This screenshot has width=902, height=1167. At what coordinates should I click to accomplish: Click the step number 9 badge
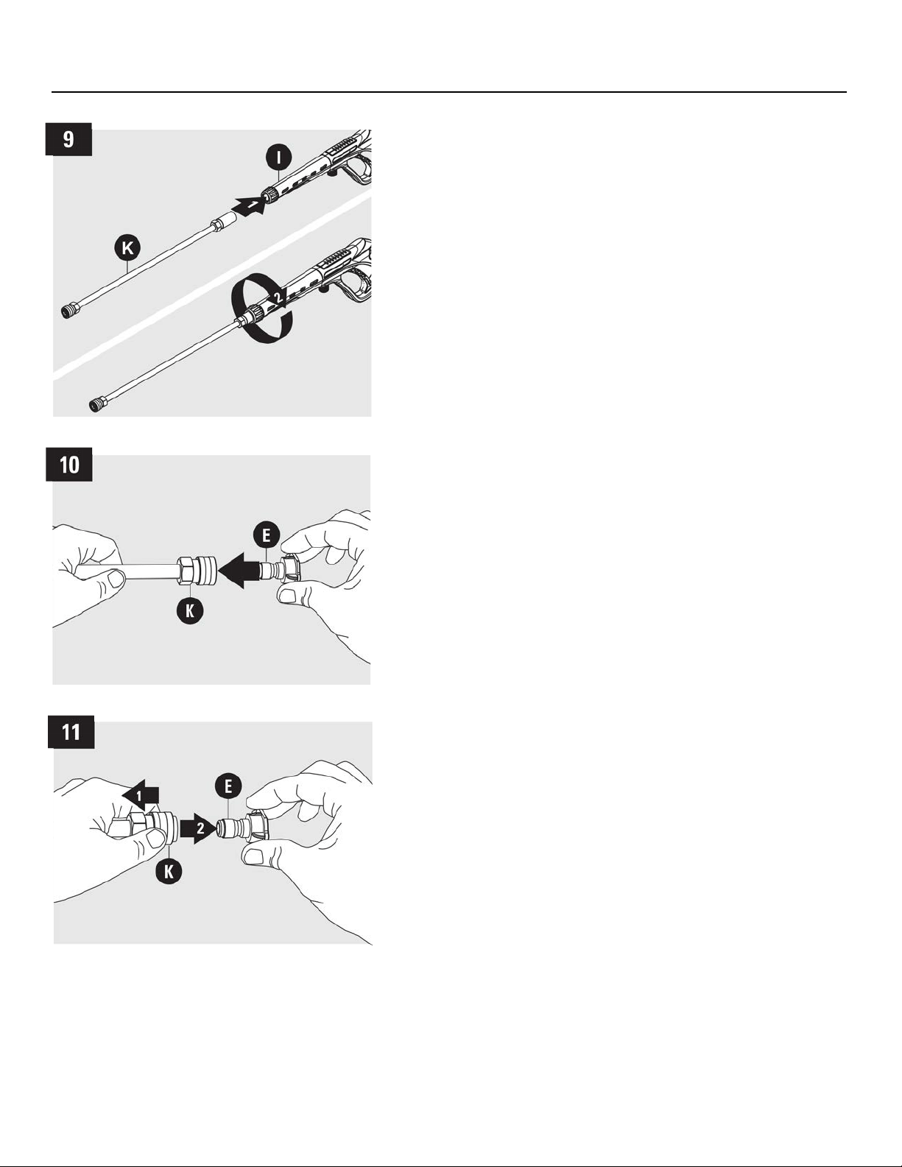pyautogui.click(x=68, y=140)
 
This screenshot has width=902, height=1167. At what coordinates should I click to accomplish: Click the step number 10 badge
pyautogui.click(x=69, y=465)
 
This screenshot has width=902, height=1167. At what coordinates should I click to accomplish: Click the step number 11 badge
pyautogui.click(x=71, y=732)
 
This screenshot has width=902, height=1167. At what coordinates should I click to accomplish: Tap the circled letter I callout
pyautogui.click(x=278, y=157)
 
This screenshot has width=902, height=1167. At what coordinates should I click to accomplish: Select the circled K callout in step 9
pyautogui.click(x=128, y=248)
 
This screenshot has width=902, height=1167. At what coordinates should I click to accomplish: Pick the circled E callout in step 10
pyautogui.click(x=267, y=535)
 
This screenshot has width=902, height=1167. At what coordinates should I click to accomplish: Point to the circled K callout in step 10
pyautogui.click(x=190, y=610)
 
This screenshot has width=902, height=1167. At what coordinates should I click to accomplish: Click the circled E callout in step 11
pyautogui.click(x=228, y=786)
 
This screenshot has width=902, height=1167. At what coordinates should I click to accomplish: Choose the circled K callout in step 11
pyautogui.click(x=169, y=871)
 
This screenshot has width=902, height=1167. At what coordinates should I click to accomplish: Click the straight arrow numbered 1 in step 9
pyautogui.click(x=251, y=205)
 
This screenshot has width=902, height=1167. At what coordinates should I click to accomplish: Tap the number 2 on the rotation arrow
pyautogui.click(x=278, y=296)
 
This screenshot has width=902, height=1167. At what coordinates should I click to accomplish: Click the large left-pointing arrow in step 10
pyautogui.click(x=239, y=571)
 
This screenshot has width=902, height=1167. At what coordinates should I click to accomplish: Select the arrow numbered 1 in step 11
pyautogui.click(x=140, y=795)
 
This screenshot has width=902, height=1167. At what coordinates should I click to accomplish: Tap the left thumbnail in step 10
pyautogui.click(x=116, y=579)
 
